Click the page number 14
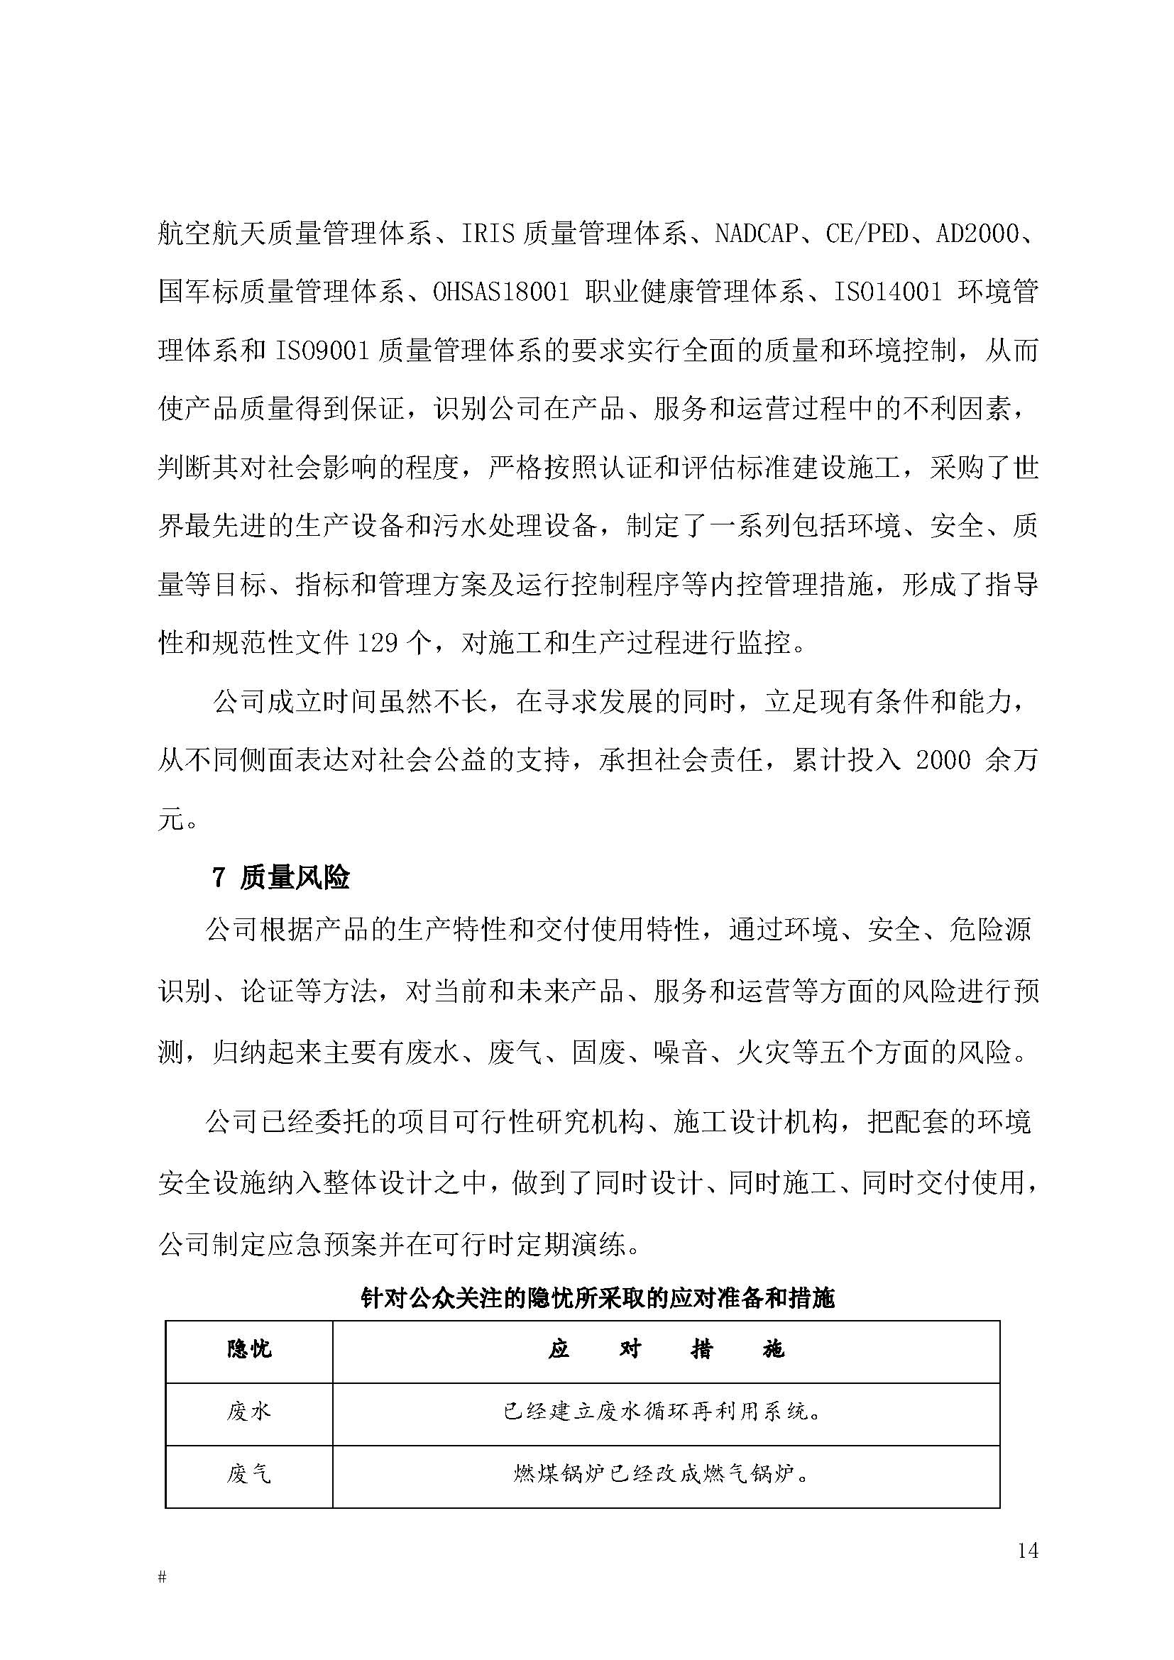[x=1027, y=1550]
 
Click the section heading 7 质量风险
[x=280, y=877]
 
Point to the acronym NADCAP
[x=756, y=234]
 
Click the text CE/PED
[x=867, y=234]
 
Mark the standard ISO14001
[x=889, y=293]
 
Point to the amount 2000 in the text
[x=943, y=760]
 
